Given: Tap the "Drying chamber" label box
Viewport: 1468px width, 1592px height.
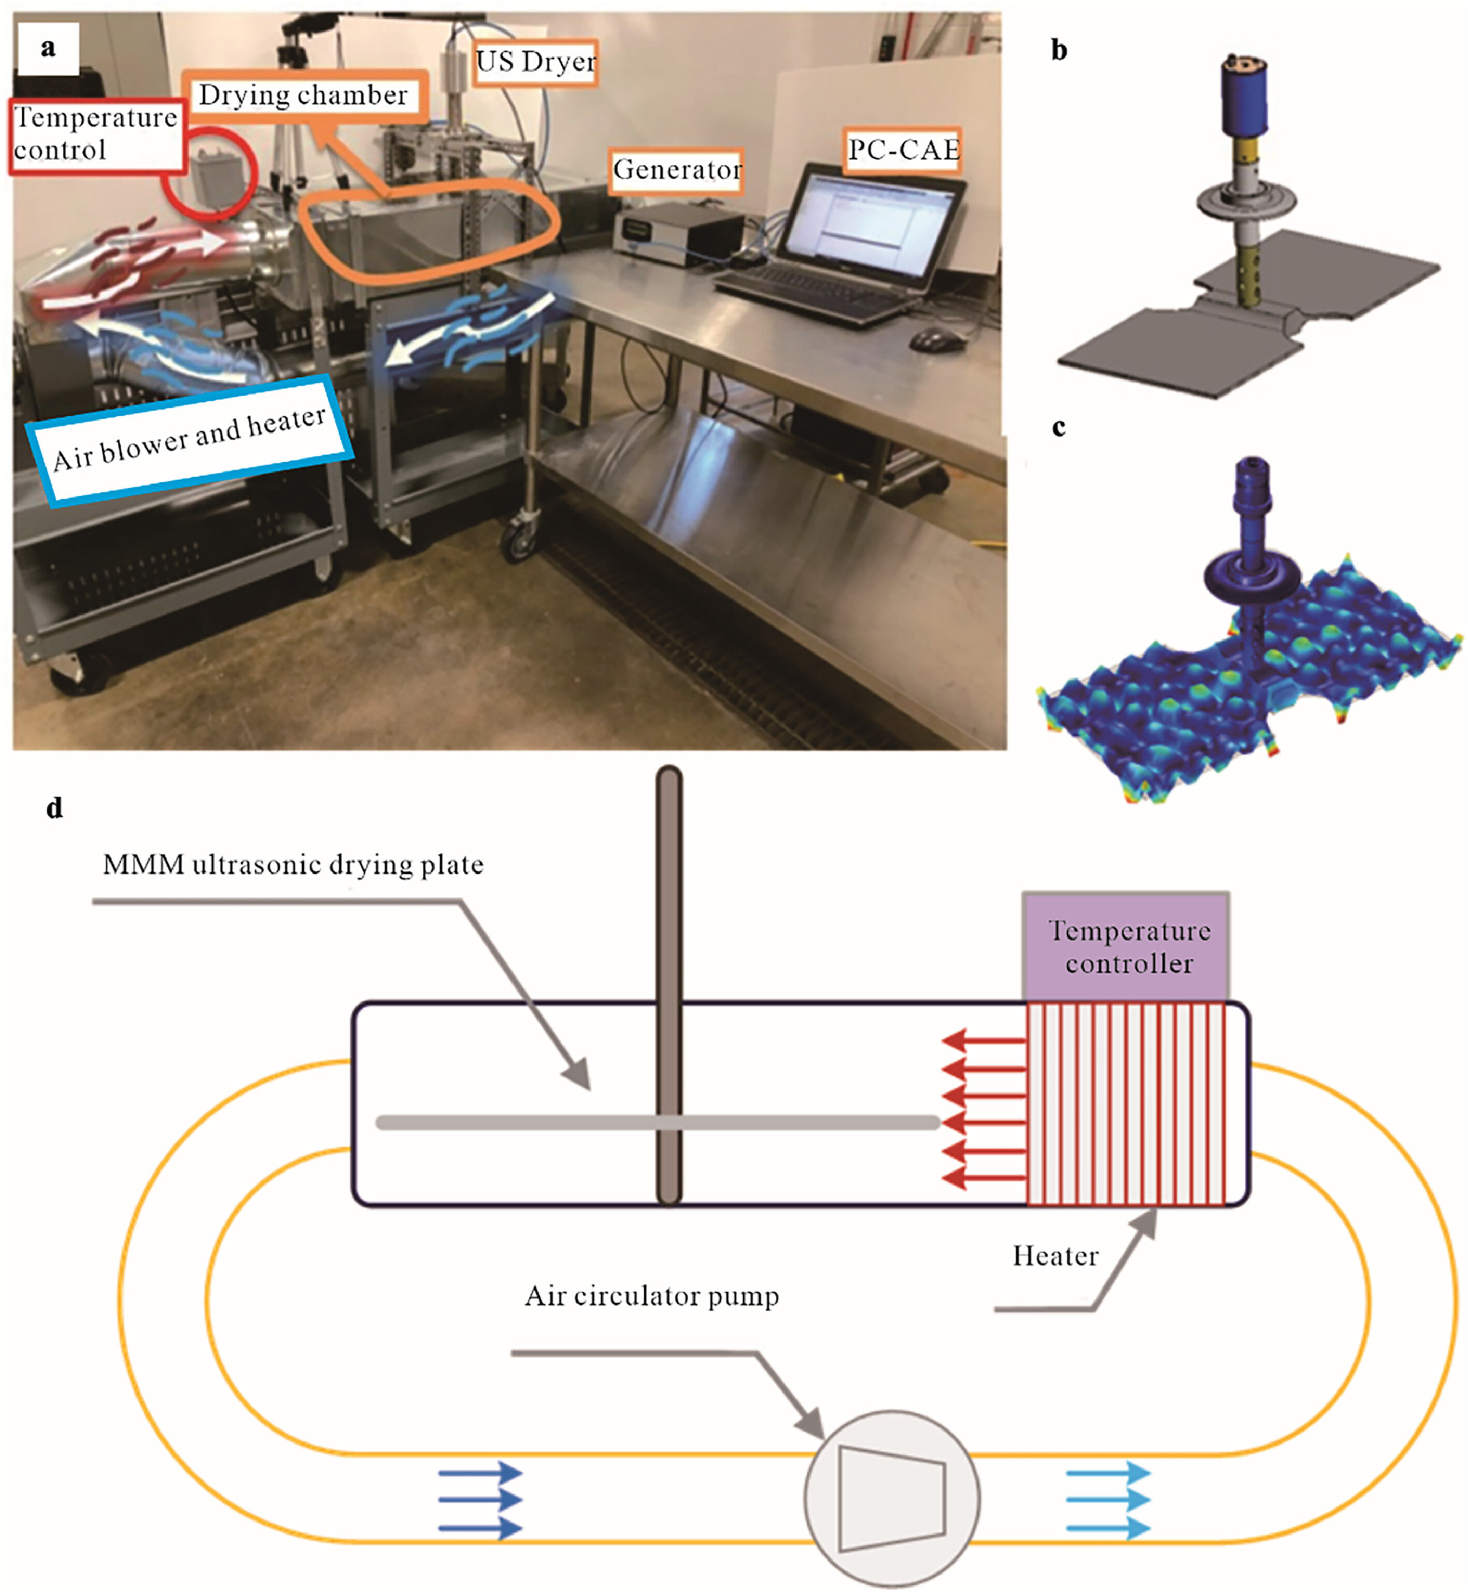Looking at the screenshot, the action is [304, 96].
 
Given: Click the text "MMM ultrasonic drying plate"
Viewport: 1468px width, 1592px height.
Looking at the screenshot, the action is [293, 864].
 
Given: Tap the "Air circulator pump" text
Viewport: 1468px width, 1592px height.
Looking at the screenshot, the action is [651, 1297].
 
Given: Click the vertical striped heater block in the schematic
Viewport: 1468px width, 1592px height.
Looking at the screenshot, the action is [1127, 1104].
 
